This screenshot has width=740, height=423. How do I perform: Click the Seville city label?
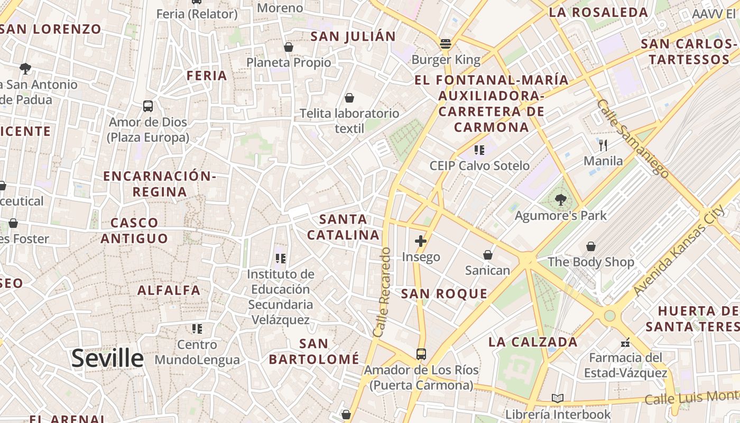pos(107,358)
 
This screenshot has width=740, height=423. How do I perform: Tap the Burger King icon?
pos(446,44)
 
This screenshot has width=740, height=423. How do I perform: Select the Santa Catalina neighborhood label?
pos(344,227)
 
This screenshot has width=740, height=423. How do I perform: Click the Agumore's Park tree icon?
pos(560,200)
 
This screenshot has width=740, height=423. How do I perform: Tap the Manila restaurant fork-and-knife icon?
pos(603,145)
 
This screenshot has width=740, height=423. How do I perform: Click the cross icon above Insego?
pos(421,242)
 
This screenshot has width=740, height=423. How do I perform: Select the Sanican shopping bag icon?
pos(487,255)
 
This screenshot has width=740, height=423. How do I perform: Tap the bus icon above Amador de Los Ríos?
pos(421,354)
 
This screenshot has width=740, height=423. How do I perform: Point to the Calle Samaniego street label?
pos(632,137)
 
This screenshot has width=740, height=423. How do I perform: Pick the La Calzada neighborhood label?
pos(533,342)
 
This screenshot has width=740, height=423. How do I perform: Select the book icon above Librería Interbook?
pos(557,399)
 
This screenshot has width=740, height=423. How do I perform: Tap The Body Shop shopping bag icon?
pos(590,246)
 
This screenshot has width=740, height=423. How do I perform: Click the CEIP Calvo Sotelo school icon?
pos(479,150)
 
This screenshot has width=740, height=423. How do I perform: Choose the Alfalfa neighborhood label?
pos(169,290)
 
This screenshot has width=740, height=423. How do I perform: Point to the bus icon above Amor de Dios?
pos(148,106)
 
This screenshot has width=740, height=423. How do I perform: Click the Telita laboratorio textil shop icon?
pos(349,98)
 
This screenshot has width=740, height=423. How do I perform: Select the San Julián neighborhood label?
pos(353,36)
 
